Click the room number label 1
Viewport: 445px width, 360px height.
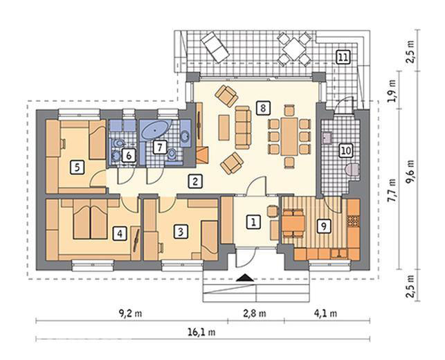254,222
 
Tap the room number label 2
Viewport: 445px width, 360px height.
196,182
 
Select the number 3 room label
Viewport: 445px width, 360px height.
180,232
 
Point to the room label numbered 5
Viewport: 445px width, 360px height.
78,166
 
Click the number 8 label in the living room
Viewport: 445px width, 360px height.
262,107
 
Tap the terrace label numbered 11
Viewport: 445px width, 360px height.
343,57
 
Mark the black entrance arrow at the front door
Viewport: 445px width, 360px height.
245,278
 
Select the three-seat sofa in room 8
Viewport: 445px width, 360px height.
243,127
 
